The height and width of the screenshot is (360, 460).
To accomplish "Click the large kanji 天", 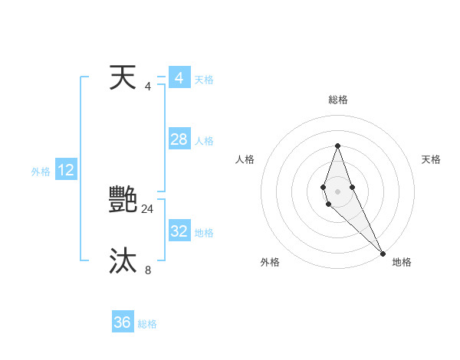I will pyautogui.click(x=123, y=77).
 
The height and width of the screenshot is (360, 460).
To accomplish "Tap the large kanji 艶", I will pyautogui.click(x=123, y=200).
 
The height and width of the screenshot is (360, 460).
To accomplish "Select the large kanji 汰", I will pyautogui.click(x=123, y=261).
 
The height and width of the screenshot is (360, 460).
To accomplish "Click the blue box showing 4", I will pyautogui.click(x=179, y=78).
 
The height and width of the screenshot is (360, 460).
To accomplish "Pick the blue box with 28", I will pyautogui.click(x=179, y=139).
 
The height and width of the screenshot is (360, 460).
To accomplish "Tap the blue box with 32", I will pyautogui.click(x=179, y=231).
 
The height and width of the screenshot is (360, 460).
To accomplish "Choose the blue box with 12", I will pyautogui.click(x=66, y=171).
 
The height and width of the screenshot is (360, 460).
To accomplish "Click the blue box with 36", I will pyautogui.click(x=123, y=322).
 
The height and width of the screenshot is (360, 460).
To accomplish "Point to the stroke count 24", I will pyautogui.click(x=147, y=208).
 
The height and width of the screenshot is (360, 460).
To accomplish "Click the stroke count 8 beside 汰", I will pyautogui.click(x=148, y=270).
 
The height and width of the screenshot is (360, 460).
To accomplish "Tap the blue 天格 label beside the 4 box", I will pyautogui.click(x=204, y=80).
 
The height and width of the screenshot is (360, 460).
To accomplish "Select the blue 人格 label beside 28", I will pyautogui.click(x=204, y=141).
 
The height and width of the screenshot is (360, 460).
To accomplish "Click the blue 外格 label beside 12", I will pyautogui.click(x=41, y=172).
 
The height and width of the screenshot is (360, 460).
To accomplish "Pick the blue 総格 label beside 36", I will pyautogui.click(x=147, y=324).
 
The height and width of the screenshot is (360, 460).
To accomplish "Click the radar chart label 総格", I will pyautogui.click(x=337, y=100).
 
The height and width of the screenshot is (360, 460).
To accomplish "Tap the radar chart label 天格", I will pyautogui.click(x=431, y=159).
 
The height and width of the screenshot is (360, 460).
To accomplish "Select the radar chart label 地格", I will pyautogui.click(x=402, y=262).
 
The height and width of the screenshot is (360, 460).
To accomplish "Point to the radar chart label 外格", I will pyautogui.click(x=270, y=262).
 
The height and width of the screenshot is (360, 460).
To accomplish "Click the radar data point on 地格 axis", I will pyautogui.click(x=383, y=253).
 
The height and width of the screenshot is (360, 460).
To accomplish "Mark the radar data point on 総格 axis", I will pyautogui.click(x=337, y=146).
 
